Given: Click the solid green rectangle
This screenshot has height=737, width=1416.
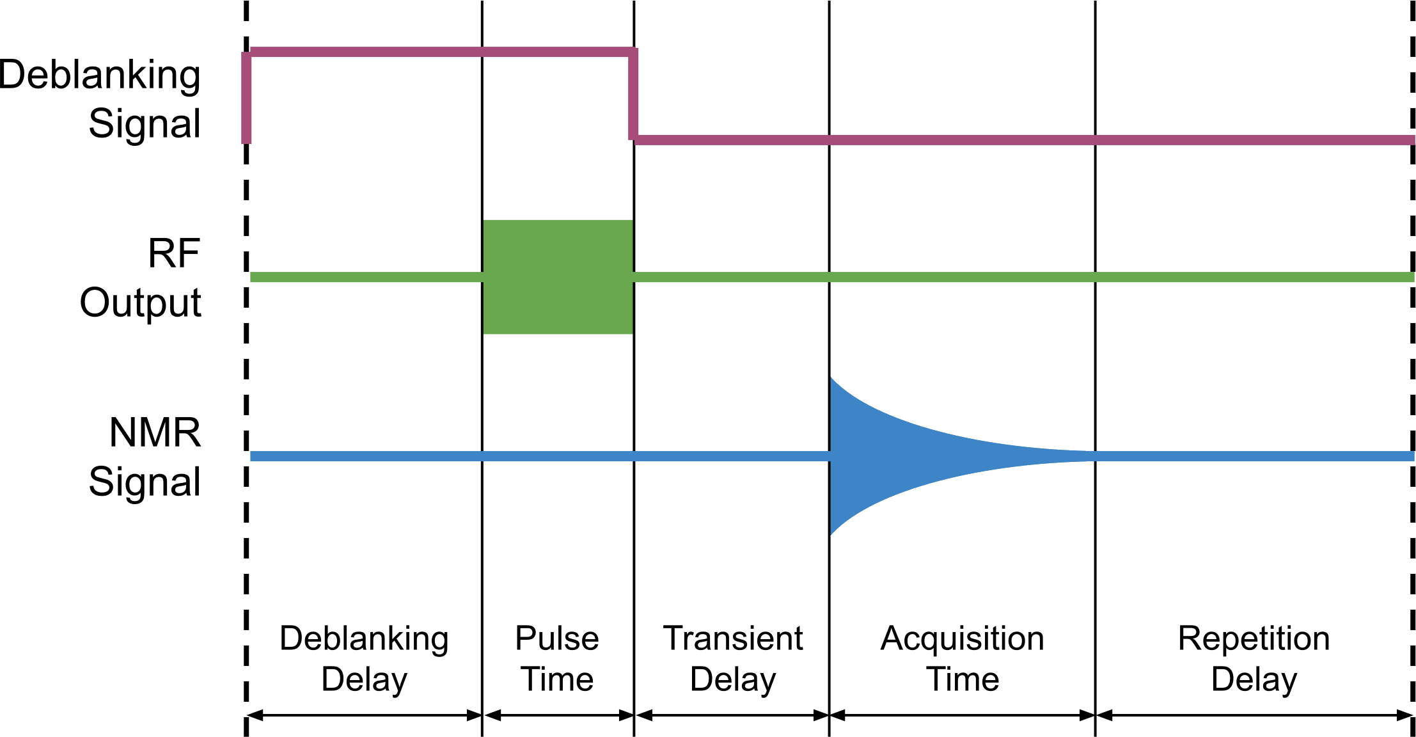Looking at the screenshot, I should pos(558,276).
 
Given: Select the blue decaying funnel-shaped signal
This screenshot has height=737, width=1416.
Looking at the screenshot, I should pos(895,456).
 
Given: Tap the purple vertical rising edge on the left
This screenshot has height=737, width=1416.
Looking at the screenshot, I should pos(246,99).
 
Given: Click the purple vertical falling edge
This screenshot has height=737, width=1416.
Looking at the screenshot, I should pos(633,96).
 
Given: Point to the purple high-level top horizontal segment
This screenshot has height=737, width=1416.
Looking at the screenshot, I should pos(441,52).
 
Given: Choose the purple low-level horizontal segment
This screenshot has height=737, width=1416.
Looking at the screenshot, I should pos(1023,139).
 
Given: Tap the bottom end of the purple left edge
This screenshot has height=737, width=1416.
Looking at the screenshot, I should pos(246,143).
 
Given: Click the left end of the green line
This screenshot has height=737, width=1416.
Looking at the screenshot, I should pos(252,277).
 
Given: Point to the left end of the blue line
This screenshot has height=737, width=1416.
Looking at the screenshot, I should pos(252,456).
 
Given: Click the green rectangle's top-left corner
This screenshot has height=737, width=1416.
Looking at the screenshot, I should pos(485,221).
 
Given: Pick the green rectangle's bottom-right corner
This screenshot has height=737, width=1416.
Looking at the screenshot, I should pos(631,333).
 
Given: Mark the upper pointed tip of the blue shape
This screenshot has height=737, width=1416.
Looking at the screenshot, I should pos(831,379).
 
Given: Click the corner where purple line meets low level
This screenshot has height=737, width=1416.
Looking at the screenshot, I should pos(634,139).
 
